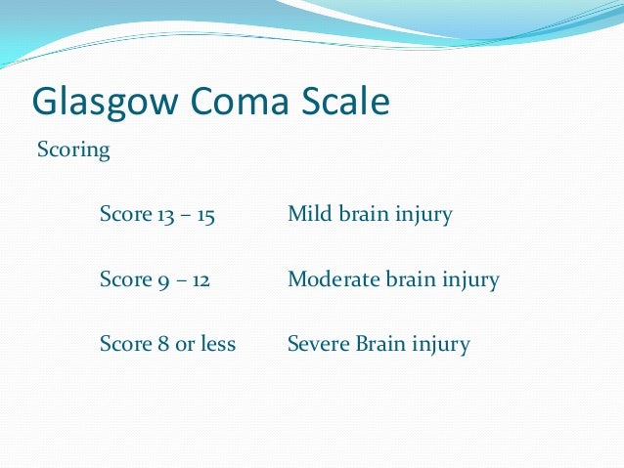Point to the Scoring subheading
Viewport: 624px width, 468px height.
[73, 151]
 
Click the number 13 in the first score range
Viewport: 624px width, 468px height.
[166, 214]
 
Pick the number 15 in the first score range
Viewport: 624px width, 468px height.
[204, 214]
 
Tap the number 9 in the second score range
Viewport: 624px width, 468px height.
[162, 280]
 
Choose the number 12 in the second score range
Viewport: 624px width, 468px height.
[201, 279]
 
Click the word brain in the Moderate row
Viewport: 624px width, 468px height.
[414, 279]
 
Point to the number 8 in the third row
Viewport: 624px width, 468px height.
[161, 345]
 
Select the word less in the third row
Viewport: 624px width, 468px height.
[218, 345]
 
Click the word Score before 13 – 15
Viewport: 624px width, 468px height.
[124, 214]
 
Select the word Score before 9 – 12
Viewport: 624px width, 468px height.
[124, 279]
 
